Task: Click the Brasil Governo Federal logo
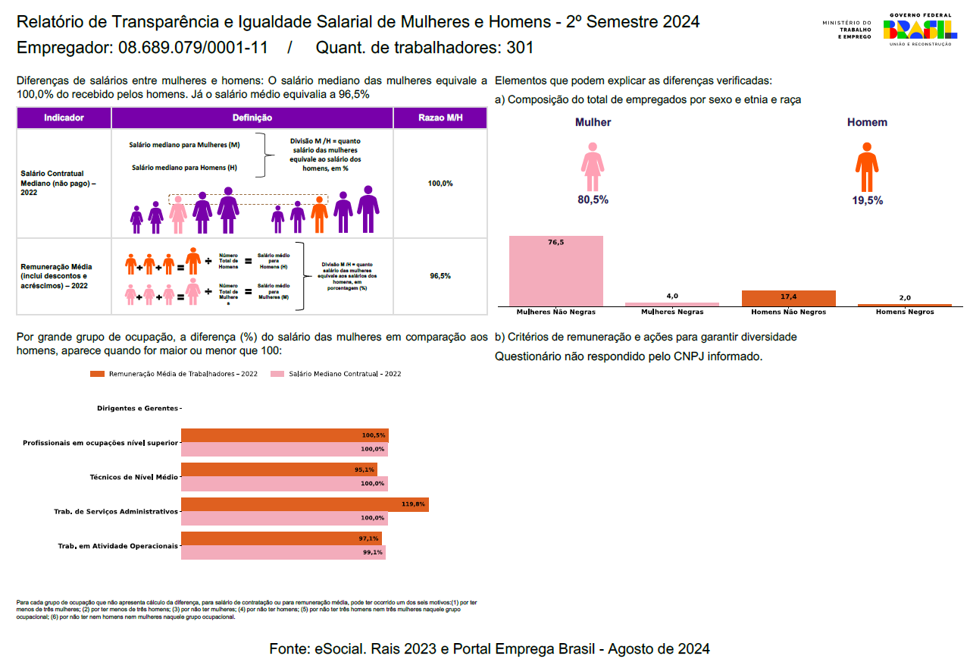click(x=919, y=30)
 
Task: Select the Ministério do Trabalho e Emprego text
click(x=846, y=30)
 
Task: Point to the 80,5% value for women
click(x=593, y=200)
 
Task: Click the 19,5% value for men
click(x=867, y=200)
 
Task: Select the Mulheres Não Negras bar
click(x=556, y=271)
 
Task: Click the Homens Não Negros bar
click(x=788, y=298)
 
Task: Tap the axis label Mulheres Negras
click(x=671, y=312)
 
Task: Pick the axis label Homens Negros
click(x=905, y=312)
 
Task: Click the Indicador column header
click(x=64, y=118)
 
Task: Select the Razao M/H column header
click(x=440, y=118)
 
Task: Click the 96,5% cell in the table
click(x=440, y=276)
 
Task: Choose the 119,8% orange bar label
click(x=414, y=504)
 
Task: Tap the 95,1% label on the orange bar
click(x=365, y=470)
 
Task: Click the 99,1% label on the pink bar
click(x=373, y=553)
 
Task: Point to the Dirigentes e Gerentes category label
click(x=137, y=408)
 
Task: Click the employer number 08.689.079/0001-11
click(x=193, y=48)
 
